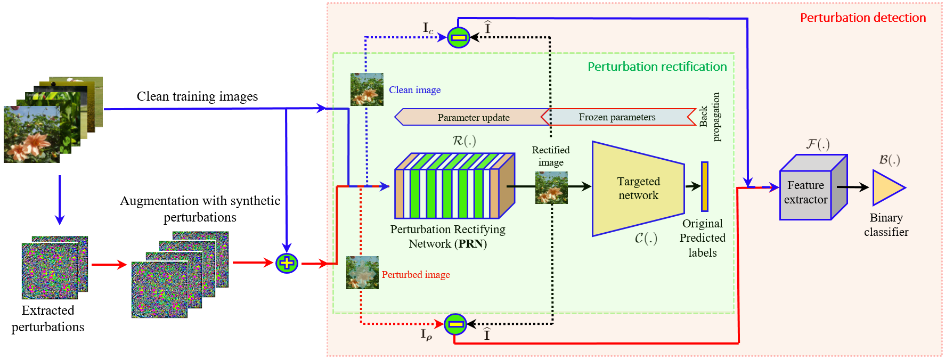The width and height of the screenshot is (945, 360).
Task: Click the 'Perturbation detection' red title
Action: tap(863, 18)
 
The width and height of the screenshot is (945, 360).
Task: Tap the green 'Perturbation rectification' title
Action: tap(657, 67)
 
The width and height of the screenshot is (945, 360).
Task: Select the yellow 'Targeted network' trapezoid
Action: tap(638, 189)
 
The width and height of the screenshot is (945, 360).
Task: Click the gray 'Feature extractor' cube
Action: tap(813, 187)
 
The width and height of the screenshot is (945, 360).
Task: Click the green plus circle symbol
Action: tap(287, 263)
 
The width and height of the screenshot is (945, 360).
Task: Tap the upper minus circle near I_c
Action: tap(458, 37)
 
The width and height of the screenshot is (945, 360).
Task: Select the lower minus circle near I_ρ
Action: tap(455, 324)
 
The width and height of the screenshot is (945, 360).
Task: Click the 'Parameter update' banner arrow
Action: tap(473, 117)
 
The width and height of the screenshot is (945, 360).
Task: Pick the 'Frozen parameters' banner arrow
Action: tap(618, 117)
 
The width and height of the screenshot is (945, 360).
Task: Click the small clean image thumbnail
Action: tap(366, 89)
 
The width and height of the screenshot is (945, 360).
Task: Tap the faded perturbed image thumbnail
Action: tap(362, 273)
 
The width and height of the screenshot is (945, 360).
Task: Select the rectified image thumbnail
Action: tap(551, 187)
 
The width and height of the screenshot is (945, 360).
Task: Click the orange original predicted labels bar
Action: tap(704, 186)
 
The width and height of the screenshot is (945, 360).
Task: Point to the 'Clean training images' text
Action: tap(197, 96)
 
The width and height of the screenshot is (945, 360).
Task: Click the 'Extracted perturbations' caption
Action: tap(48, 318)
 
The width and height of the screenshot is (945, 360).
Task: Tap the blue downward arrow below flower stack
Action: tap(60, 200)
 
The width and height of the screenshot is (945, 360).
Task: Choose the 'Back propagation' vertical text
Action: tap(709, 117)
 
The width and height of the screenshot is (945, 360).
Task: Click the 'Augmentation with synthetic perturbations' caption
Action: tap(200, 209)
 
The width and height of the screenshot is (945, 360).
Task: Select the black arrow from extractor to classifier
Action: tap(852, 187)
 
